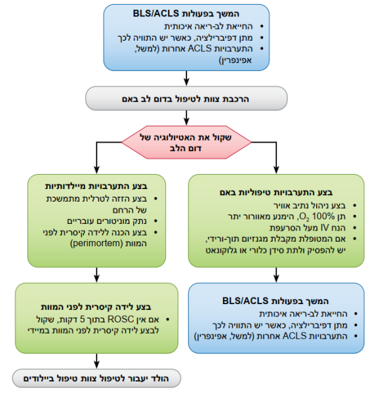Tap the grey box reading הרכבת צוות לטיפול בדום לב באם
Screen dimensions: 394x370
(186, 99)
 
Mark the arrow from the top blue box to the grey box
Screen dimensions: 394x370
(186, 77)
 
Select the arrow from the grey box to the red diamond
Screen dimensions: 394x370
(186, 117)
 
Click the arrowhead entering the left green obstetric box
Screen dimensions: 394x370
(98, 169)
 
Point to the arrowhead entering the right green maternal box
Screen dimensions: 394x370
(275, 169)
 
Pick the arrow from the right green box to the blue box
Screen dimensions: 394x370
(275, 274)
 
